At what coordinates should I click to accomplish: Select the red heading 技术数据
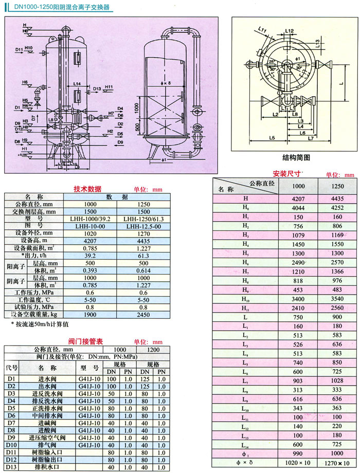tap(87, 189)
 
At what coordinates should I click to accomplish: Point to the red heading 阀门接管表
tap(85, 341)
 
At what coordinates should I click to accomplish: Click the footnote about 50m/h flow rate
tap(40, 324)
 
